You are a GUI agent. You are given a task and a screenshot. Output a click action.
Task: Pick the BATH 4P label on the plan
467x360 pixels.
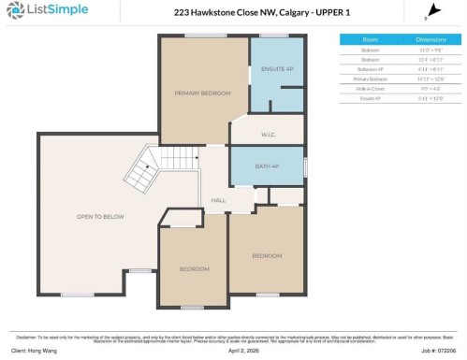coord(268,166)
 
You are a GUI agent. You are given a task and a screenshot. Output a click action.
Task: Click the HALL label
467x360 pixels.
coord(218,200)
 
